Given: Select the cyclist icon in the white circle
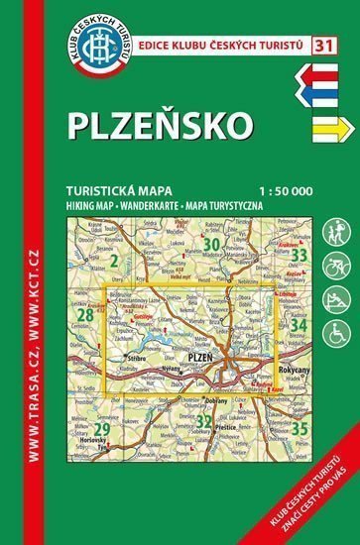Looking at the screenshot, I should pyautogui.click(x=334, y=270).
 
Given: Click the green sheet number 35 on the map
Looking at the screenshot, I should pyautogui.click(x=298, y=401).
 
